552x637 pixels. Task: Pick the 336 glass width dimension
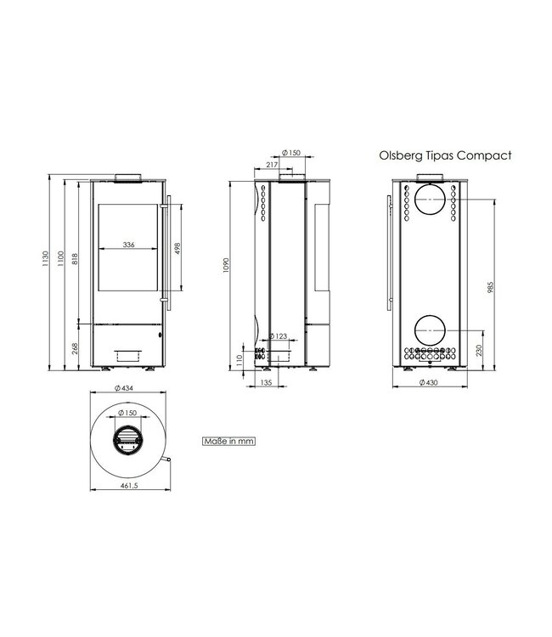pos(128,244)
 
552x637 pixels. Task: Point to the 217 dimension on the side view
pos(271,164)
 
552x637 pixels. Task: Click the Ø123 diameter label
pos(278,337)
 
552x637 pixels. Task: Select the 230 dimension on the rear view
pos(480,349)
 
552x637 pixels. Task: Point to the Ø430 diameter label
pos(430,382)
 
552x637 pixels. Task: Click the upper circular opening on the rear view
pos(430,200)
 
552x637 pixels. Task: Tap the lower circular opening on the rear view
pos(430,330)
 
